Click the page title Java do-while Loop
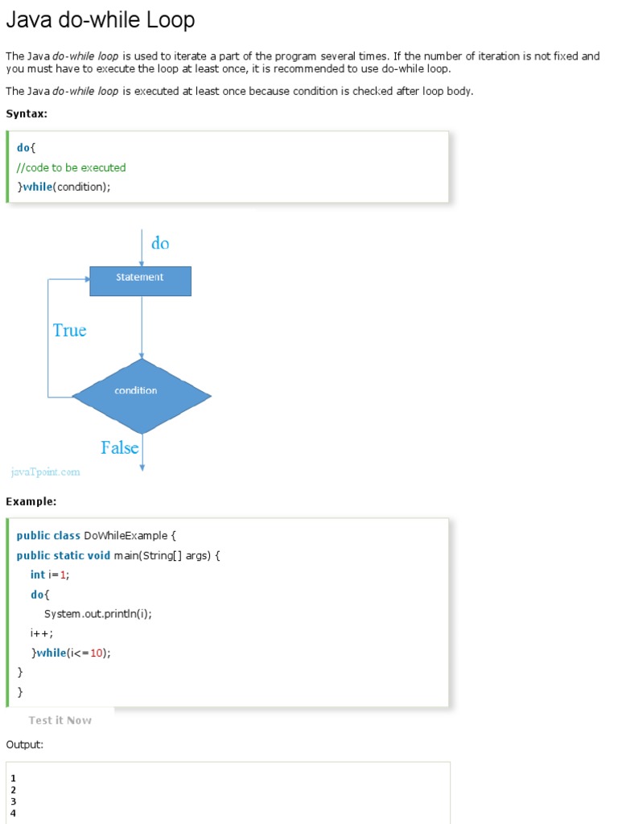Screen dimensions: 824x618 coord(100,20)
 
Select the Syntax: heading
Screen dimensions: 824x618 coord(27,113)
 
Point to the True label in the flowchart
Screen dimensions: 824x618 coord(69,330)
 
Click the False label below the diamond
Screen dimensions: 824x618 coord(119,447)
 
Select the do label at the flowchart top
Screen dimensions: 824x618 coord(160,243)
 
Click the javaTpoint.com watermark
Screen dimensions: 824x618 coord(46,472)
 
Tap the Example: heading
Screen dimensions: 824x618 coord(31,501)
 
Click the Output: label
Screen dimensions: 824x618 coord(24,744)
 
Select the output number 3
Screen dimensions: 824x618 coord(13,801)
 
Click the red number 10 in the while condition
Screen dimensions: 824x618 coord(97,653)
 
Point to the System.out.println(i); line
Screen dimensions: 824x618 coord(97,613)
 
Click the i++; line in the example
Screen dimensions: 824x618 coord(42,633)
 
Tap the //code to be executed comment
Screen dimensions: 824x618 coord(71,167)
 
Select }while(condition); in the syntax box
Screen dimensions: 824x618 coord(64,187)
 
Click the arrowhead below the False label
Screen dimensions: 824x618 coord(142,467)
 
